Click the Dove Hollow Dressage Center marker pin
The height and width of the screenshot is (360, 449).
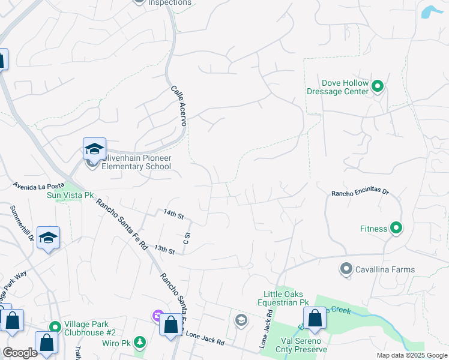click(x=378, y=87)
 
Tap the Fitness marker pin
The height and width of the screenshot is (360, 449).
click(x=396, y=228)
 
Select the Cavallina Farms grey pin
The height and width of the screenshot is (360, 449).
click(x=346, y=269)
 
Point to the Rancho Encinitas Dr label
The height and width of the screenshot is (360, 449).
click(x=360, y=193)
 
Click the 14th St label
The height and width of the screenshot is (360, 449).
click(x=173, y=213)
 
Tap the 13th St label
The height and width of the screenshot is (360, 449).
click(x=164, y=248)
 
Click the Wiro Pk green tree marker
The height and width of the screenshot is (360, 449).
click(x=140, y=342)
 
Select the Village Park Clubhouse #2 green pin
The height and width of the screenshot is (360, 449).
click(x=55, y=327)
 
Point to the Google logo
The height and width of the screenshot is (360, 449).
click(x=20, y=353)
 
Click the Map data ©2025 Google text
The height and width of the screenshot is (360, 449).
click(x=412, y=355)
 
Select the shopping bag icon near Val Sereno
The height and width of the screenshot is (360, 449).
click(x=315, y=318)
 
